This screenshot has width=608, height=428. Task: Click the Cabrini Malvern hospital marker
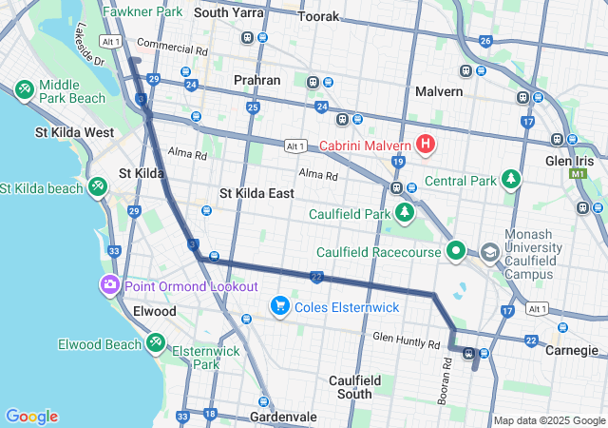(426, 146)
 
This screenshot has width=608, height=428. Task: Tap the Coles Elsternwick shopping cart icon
(279, 305)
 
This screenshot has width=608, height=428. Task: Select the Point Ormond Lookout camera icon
(110, 285)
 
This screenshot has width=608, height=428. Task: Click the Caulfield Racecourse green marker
(456, 252)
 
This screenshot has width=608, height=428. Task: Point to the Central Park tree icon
(512, 179)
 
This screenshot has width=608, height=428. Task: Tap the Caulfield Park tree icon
(406, 211)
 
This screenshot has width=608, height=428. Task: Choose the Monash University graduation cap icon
(490, 253)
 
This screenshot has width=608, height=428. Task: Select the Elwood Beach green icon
(155, 342)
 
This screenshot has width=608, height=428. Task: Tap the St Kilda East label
(256, 193)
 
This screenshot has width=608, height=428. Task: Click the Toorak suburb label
(318, 17)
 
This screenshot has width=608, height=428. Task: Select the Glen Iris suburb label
(570, 137)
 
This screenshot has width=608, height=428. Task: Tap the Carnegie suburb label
(571, 349)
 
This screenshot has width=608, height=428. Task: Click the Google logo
(31, 416)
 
